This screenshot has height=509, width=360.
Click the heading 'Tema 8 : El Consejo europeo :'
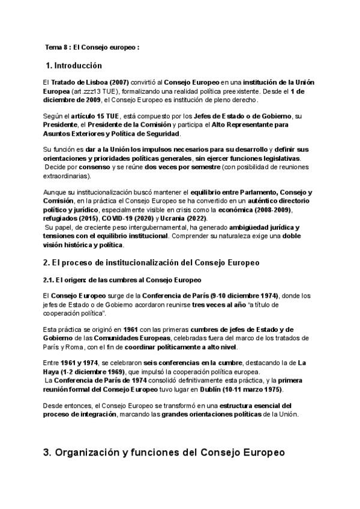click(92, 47)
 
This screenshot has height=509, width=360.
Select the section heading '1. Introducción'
click(74, 65)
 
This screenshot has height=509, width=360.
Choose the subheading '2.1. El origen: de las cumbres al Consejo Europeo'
click(122, 280)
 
